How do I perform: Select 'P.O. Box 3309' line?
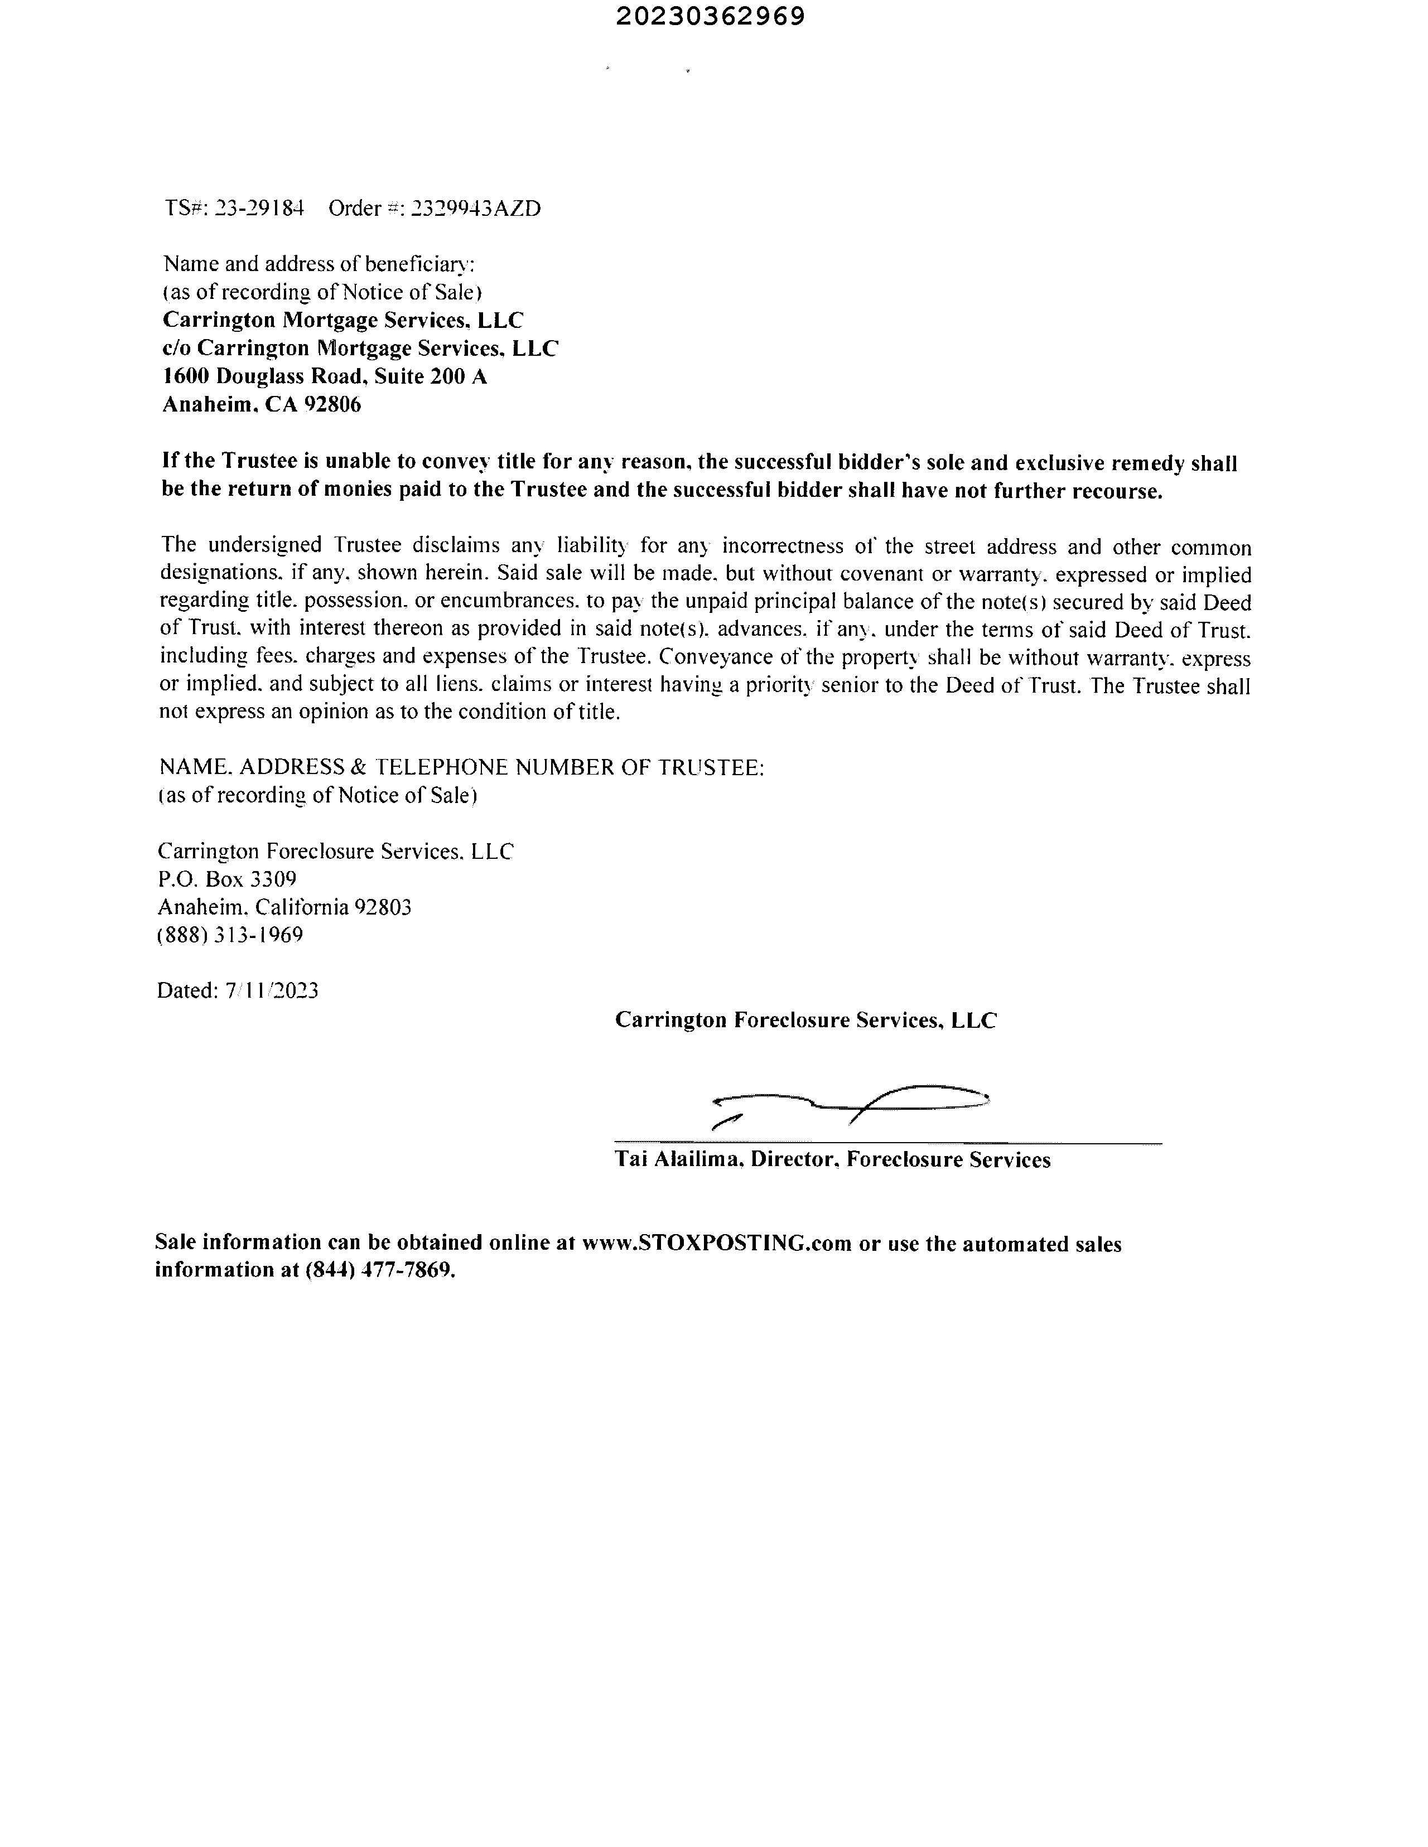(226, 879)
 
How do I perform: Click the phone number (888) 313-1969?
(230, 935)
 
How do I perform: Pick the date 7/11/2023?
(272, 990)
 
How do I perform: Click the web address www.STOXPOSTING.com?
(717, 1243)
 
